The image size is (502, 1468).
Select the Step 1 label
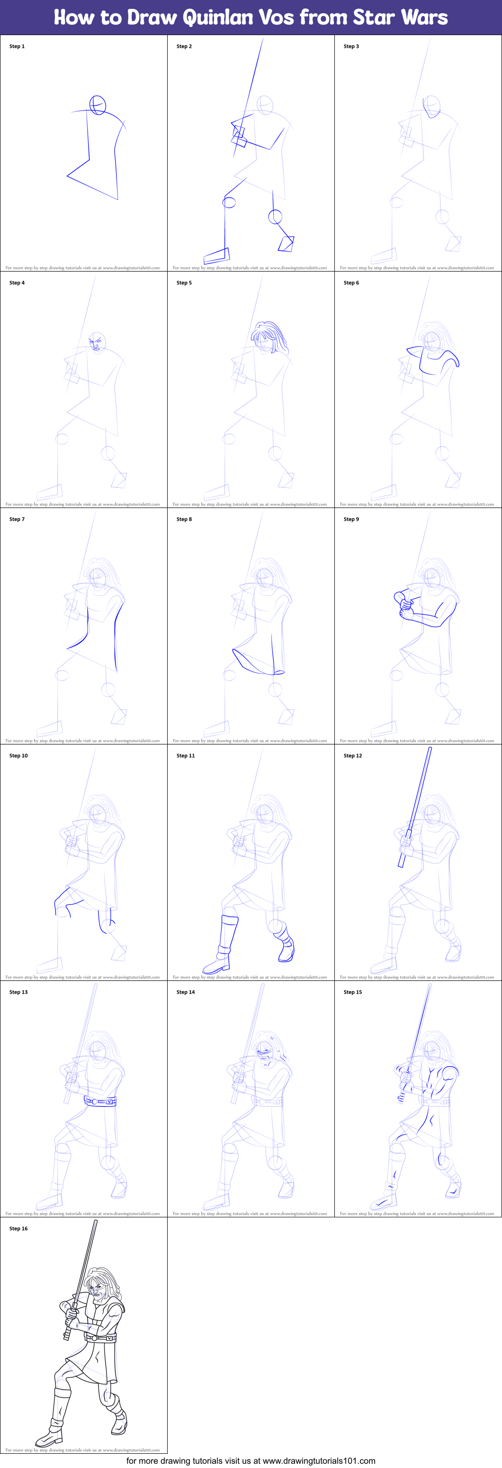click(x=17, y=46)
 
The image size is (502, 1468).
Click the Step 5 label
click(x=184, y=283)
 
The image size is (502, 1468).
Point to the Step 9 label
click(x=351, y=519)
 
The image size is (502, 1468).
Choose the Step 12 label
click(x=353, y=756)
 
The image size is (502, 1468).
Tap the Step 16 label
click(x=18, y=1229)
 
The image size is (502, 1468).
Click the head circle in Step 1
click(x=98, y=105)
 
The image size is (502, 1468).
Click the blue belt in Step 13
click(x=100, y=1102)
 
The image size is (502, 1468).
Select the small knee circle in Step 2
click(x=275, y=217)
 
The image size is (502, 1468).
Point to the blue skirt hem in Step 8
click(x=256, y=664)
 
